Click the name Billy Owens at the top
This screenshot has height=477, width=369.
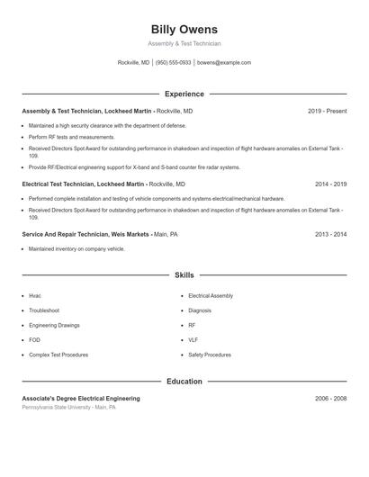184,30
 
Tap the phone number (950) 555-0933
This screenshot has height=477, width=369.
174,63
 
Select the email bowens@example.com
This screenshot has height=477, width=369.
224,63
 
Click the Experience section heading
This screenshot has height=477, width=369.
184,94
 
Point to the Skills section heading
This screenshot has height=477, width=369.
184,274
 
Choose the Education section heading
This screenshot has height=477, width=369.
184,381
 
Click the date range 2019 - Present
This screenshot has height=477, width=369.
327,111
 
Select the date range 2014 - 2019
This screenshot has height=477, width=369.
330,184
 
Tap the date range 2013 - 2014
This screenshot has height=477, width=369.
330,234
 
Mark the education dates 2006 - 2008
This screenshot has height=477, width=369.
330,398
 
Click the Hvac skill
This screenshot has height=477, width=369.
35,295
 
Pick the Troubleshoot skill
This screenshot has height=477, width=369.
44,310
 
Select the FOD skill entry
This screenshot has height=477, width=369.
35,340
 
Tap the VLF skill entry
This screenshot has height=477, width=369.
193,340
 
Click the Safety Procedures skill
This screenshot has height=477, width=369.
210,355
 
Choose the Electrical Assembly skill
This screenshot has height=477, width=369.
211,295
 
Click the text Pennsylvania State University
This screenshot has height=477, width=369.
56,407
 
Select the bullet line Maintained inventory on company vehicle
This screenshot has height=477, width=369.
76,248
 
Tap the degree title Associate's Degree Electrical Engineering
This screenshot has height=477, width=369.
81,398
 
